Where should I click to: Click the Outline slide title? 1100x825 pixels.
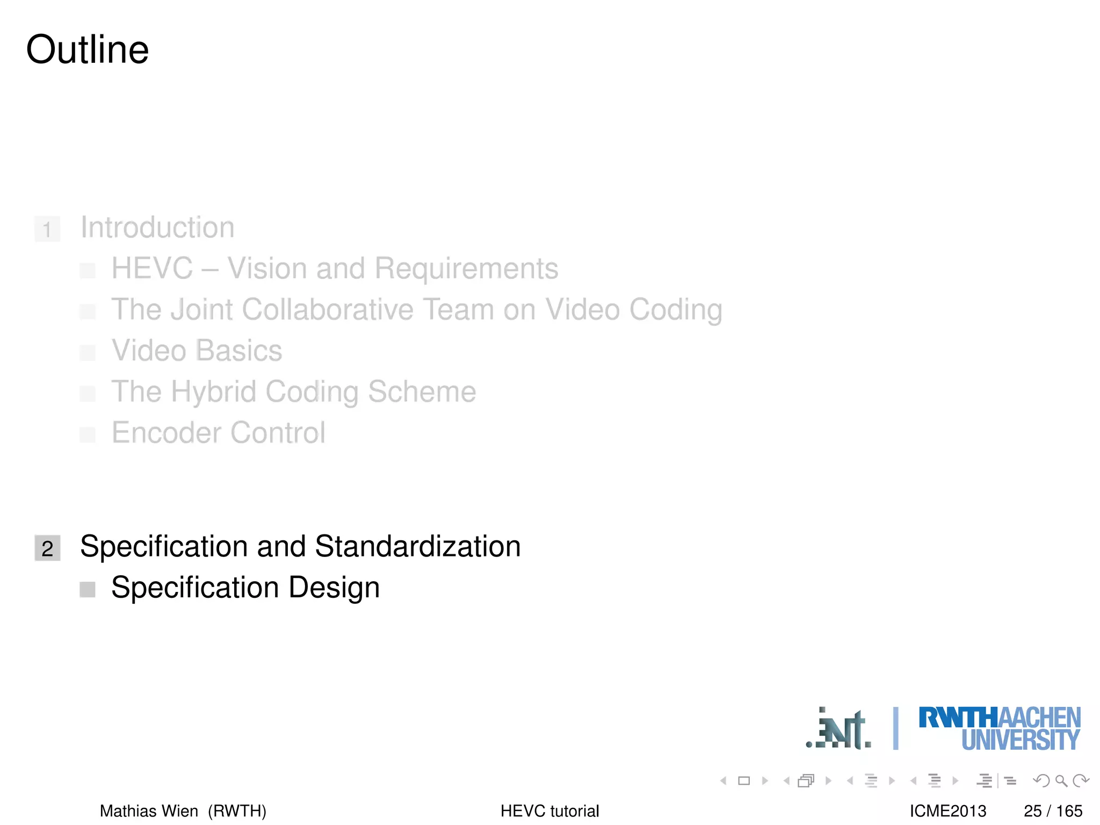click(88, 49)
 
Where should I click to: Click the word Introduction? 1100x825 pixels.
click(157, 227)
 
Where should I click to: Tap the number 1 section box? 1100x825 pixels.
click(47, 229)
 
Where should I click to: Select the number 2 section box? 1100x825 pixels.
click(47, 548)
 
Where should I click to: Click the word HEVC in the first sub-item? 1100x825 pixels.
click(152, 268)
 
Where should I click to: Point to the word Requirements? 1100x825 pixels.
click(466, 268)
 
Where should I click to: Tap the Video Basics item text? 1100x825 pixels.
click(197, 351)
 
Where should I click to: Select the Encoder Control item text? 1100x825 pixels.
click(218, 433)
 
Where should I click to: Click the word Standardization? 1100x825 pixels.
click(417, 546)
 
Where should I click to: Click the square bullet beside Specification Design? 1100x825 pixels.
click(88, 590)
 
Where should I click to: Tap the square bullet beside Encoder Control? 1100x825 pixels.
click(88, 435)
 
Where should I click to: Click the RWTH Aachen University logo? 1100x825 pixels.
click(999, 728)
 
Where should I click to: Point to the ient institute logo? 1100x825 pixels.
click(838, 729)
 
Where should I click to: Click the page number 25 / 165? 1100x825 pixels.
click(1053, 810)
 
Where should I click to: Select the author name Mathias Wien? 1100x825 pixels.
click(149, 810)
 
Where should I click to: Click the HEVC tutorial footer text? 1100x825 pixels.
click(549, 810)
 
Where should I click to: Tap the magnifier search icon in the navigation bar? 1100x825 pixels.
click(1061, 780)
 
